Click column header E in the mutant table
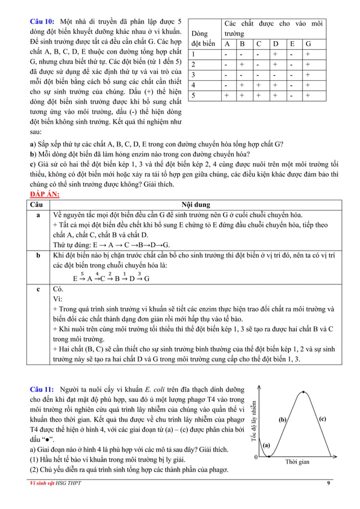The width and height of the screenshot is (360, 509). click(292, 43)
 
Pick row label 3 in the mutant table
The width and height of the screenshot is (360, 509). click(194, 74)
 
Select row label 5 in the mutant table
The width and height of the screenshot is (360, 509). click(194, 95)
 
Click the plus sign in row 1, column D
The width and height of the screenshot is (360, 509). click(275, 54)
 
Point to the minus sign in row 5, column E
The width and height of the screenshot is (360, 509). click(292, 95)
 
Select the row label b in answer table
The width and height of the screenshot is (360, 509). click(38, 256)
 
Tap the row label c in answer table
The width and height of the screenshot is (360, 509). click(38, 288)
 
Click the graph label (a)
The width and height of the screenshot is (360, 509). click(267, 445)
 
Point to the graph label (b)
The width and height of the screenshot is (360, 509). click(283, 420)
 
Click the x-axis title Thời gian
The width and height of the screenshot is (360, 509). click(297, 462)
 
